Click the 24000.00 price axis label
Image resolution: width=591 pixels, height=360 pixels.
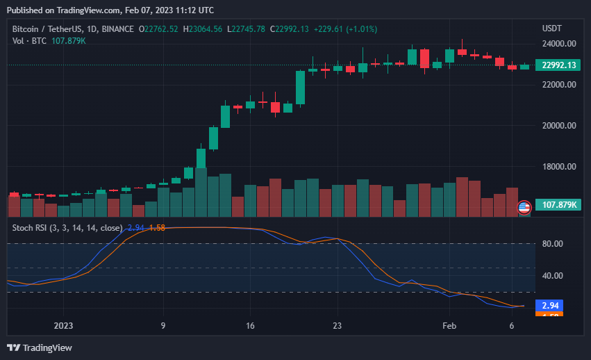coord(558,43)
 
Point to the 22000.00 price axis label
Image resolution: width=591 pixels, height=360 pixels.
coord(558,85)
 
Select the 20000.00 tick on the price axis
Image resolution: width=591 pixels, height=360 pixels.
coord(558,126)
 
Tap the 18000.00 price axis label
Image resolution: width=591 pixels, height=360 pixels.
coord(558,167)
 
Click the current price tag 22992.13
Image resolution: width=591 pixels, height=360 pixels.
coord(559,65)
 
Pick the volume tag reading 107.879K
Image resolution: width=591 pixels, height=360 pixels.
coord(560,206)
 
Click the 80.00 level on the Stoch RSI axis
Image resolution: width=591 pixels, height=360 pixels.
coord(551,244)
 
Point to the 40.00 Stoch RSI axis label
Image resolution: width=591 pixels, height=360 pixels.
coord(551,276)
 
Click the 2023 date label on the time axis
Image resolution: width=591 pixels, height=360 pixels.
coord(63,325)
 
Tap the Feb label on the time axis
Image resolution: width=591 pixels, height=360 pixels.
coord(449,325)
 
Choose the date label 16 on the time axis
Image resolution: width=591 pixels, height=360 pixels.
coord(251,325)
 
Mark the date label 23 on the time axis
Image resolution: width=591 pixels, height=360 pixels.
coord(338,325)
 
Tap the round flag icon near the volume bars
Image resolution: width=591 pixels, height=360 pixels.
coord(524,206)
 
